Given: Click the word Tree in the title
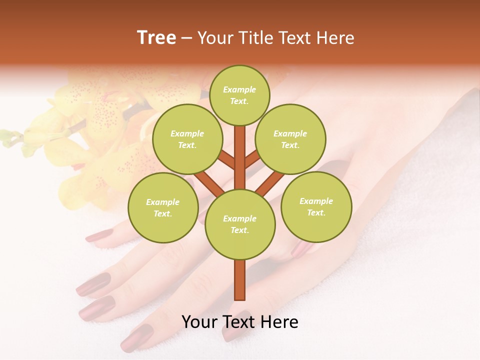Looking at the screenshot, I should pos(156,38).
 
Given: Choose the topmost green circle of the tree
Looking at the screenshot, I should pos(239,95).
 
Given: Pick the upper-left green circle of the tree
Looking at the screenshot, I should pos(187,139).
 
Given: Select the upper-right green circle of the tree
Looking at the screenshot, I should pos(290,139).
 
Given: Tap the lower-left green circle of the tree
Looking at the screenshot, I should pos(162,207).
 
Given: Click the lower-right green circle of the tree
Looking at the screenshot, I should pos(316,206).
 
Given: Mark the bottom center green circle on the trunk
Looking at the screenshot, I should pos(239,224).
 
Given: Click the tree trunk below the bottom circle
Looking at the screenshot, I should pos(239,280).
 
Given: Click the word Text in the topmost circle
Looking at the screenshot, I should pos(239,101).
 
